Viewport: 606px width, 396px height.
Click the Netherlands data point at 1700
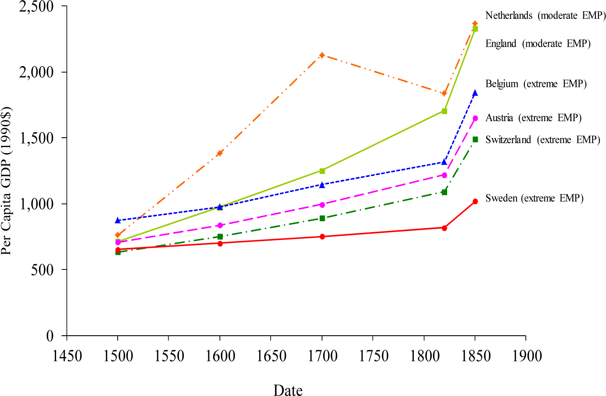[x=322, y=55]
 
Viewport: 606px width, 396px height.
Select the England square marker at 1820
[x=444, y=111]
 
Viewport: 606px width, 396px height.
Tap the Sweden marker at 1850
[x=475, y=202]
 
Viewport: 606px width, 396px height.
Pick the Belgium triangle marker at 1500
[x=118, y=220]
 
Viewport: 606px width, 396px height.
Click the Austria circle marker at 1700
[x=322, y=205]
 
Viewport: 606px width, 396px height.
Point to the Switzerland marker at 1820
[x=444, y=192]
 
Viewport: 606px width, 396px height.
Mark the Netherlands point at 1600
[x=220, y=153]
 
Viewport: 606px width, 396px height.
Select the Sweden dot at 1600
[x=220, y=243]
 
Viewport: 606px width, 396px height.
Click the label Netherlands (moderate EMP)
[x=545, y=16]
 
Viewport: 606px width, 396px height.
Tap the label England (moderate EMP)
[x=538, y=44]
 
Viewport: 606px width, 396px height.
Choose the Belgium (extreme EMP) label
[x=536, y=84]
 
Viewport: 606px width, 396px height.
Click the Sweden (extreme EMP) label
[x=534, y=198]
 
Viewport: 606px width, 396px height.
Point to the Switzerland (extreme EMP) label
[x=542, y=140]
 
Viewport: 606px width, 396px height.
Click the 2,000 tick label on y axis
[x=36, y=72]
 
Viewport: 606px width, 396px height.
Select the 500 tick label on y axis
[x=42, y=270]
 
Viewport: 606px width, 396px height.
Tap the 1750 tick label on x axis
[x=373, y=356]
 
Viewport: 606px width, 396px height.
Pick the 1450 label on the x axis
[x=67, y=356]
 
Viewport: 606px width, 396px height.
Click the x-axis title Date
[x=288, y=391]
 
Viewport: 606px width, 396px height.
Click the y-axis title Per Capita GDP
[x=7, y=181]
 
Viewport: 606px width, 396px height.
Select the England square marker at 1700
[x=322, y=171]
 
